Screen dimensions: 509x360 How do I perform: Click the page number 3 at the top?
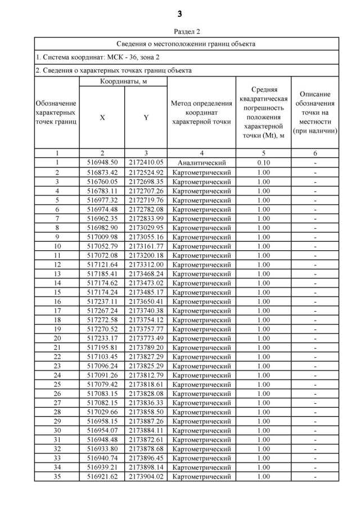tap(179, 13)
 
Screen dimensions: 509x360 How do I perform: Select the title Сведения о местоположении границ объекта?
tap(186, 44)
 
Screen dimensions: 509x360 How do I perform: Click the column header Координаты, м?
tap(123, 82)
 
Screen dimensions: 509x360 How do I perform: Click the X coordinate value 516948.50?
tap(102, 163)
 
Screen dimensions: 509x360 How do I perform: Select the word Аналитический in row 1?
tap(201, 163)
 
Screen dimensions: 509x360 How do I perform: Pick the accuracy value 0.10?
tap(263, 163)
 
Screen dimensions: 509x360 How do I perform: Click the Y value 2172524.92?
tap(146, 173)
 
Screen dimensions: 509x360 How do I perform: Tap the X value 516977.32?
tap(102, 200)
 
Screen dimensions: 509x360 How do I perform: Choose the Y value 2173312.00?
tap(146, 264)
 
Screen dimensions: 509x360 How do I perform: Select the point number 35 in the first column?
tap(57, 477)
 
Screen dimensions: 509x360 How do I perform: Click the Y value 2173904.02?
tap(146, 477)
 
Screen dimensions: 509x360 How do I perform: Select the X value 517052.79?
tap(102, 246)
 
